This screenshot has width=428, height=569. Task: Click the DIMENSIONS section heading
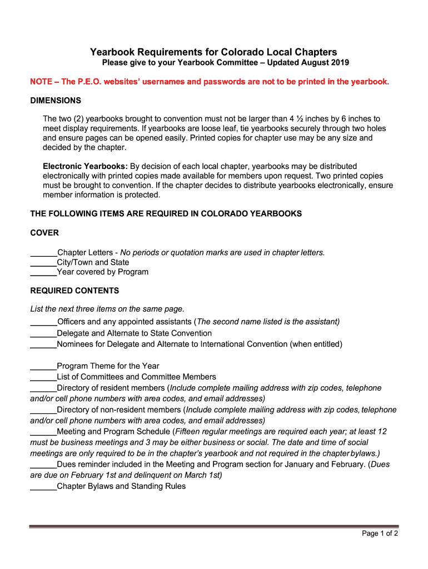tap(56, 101)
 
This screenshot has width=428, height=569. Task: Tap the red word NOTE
tap(42, 82)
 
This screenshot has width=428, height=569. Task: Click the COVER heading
tap(44, 233)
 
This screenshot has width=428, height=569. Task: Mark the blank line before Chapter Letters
tap(43, 253)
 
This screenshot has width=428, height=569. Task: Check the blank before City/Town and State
tap(43, 263)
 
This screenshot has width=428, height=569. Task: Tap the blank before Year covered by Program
tap(43, 273)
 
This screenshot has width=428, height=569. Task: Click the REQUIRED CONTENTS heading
tap(74, 291)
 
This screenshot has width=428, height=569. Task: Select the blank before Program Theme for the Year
tap(43, 367)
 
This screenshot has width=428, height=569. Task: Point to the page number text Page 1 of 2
tap(380, 533)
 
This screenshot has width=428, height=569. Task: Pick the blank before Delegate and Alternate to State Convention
tap(43, 334)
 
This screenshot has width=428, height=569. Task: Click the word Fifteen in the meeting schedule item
tap(191, 432)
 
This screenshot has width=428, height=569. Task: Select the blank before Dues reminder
tap(43, 465)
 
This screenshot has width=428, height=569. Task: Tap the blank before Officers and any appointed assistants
tap(43, 323)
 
